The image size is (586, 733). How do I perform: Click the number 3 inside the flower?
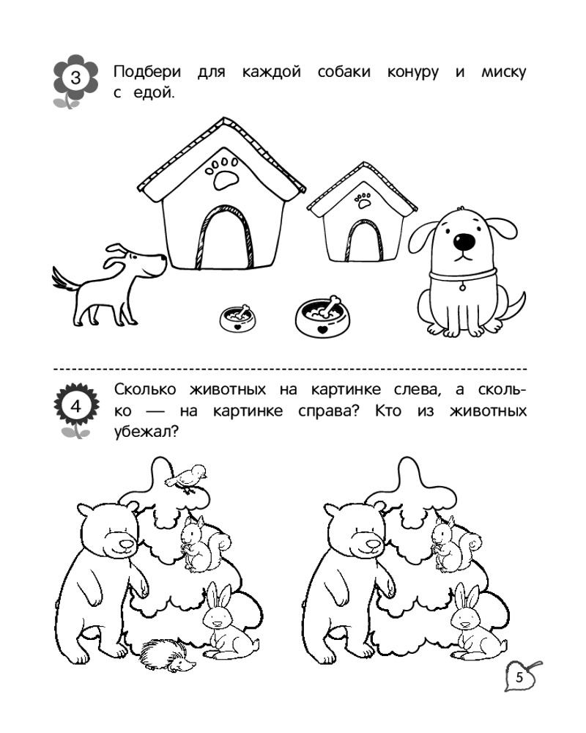(75, 77)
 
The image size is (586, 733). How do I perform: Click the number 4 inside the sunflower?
(75, 406)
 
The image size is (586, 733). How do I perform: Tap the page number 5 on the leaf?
(519, 677)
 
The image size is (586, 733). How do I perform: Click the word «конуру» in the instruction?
(412, 73)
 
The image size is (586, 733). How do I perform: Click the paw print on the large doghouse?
(222, 172)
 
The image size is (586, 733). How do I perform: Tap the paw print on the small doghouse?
(363, 200)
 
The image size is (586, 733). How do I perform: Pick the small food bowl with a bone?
(238, 318)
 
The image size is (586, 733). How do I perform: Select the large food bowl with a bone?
(322, 317)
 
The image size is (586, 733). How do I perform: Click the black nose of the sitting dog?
(464, 241)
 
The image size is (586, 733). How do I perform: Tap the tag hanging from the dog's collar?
(462, 287)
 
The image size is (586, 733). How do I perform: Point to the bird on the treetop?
(188, 478)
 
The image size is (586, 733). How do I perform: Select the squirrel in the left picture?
(204, 544)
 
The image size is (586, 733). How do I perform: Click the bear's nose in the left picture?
(126, 544)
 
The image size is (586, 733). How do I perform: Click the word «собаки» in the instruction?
(344, 72)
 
